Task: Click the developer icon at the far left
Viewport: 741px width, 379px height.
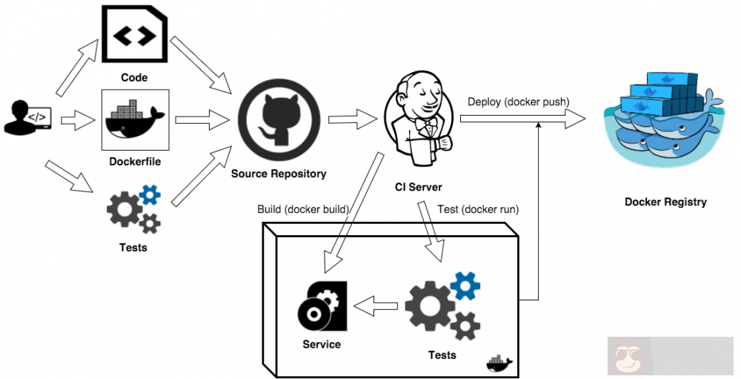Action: click(x=27, y=118)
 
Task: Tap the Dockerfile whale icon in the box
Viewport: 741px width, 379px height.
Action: click(x=135, y=119)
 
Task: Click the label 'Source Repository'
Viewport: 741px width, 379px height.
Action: click(x=279, y=174)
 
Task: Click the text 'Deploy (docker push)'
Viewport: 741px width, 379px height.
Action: click(x=518, y=102)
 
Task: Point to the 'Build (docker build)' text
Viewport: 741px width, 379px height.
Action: click(x=303, y=209)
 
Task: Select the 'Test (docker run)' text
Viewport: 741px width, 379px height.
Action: click(x=478, y=209)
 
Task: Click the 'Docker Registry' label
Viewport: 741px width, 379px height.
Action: click(x=665, y=202)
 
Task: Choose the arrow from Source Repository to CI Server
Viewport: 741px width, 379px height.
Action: click(x=353, y=117)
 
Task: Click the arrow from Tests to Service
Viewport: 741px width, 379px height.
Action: click(x=376, y=303)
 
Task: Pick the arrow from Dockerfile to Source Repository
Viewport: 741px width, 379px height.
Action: click(x=202, y=117)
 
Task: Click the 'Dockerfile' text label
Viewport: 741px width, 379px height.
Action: click(x=134, y=161)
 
